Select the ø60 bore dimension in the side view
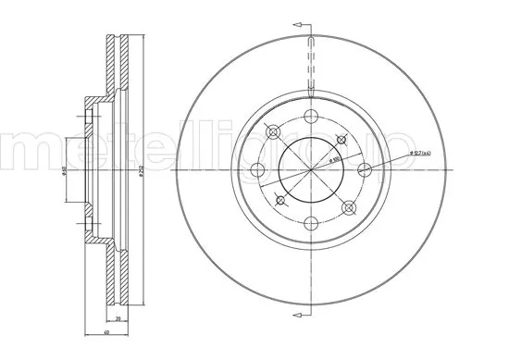point(81,173)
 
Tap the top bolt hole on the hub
point(310,116)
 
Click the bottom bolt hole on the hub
point(310,221)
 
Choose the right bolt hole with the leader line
point(364,168)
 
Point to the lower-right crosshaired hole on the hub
point(348,205)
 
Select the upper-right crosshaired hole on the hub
point(342,139)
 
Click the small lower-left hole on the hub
point(279,198)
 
